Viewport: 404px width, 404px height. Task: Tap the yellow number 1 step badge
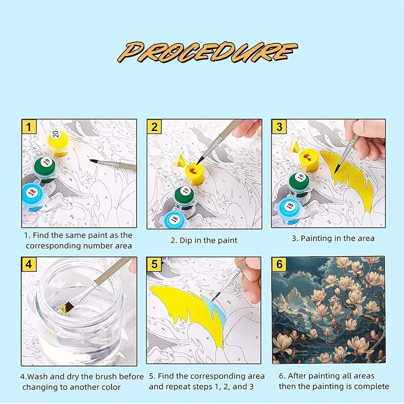pos(29,127)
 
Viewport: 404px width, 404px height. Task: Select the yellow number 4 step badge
pos(29,264)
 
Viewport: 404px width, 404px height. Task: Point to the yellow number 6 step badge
pos(280,264)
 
